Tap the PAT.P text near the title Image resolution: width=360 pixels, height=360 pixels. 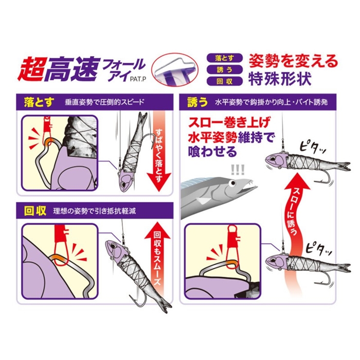pyautogui.click(x=138, y=79)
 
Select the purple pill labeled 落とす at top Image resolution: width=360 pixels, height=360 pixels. pyautogui.click(x=225, y=58)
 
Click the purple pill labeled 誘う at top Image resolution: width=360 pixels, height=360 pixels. pyautogui.click(x=225, y=69)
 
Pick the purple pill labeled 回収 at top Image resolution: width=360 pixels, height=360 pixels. pyautogui.click(x=225, y=81)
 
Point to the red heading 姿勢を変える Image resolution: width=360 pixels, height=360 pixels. pyautogui.click(x=294, y=61)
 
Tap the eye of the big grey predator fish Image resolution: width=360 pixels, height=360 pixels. pyautogui.click(x=233, y=183)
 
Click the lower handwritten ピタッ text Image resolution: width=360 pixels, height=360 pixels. pyautogui.click(x=319, y=248)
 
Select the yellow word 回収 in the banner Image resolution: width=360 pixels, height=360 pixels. pyautogui.click(x=35, y=211)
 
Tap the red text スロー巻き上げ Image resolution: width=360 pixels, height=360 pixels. pyautogui.click(x=228, y=123)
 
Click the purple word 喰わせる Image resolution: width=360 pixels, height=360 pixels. pyautogui.click(x=212, y=151)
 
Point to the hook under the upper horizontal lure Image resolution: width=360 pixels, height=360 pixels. pyautogui.click(x=323, y=177)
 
